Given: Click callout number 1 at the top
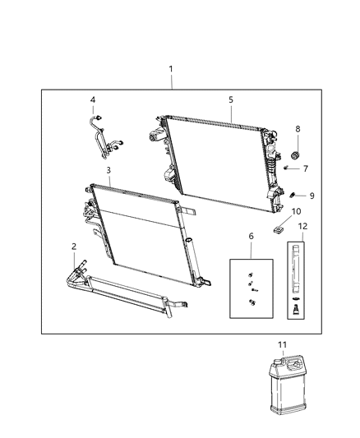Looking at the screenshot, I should pyautogui.click(x=171, y=70).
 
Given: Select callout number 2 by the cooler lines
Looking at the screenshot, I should pyautogui.click(x=74, y=246).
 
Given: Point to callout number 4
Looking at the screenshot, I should pyautogui.click(x=93, y=100).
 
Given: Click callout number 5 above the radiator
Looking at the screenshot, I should pyautogui.click(x=231, y=99).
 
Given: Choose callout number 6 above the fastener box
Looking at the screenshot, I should pyautogui.click(x=250, y=236).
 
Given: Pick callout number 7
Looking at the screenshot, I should pyautogui.click(x=304, y=168).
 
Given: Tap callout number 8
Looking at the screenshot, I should pyautogui.click(x=298, y=128).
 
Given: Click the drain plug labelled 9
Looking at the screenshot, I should pyautogui.click(x=293, y=195).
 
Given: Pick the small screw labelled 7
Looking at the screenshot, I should pyautogui.click(x=287, y=168).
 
